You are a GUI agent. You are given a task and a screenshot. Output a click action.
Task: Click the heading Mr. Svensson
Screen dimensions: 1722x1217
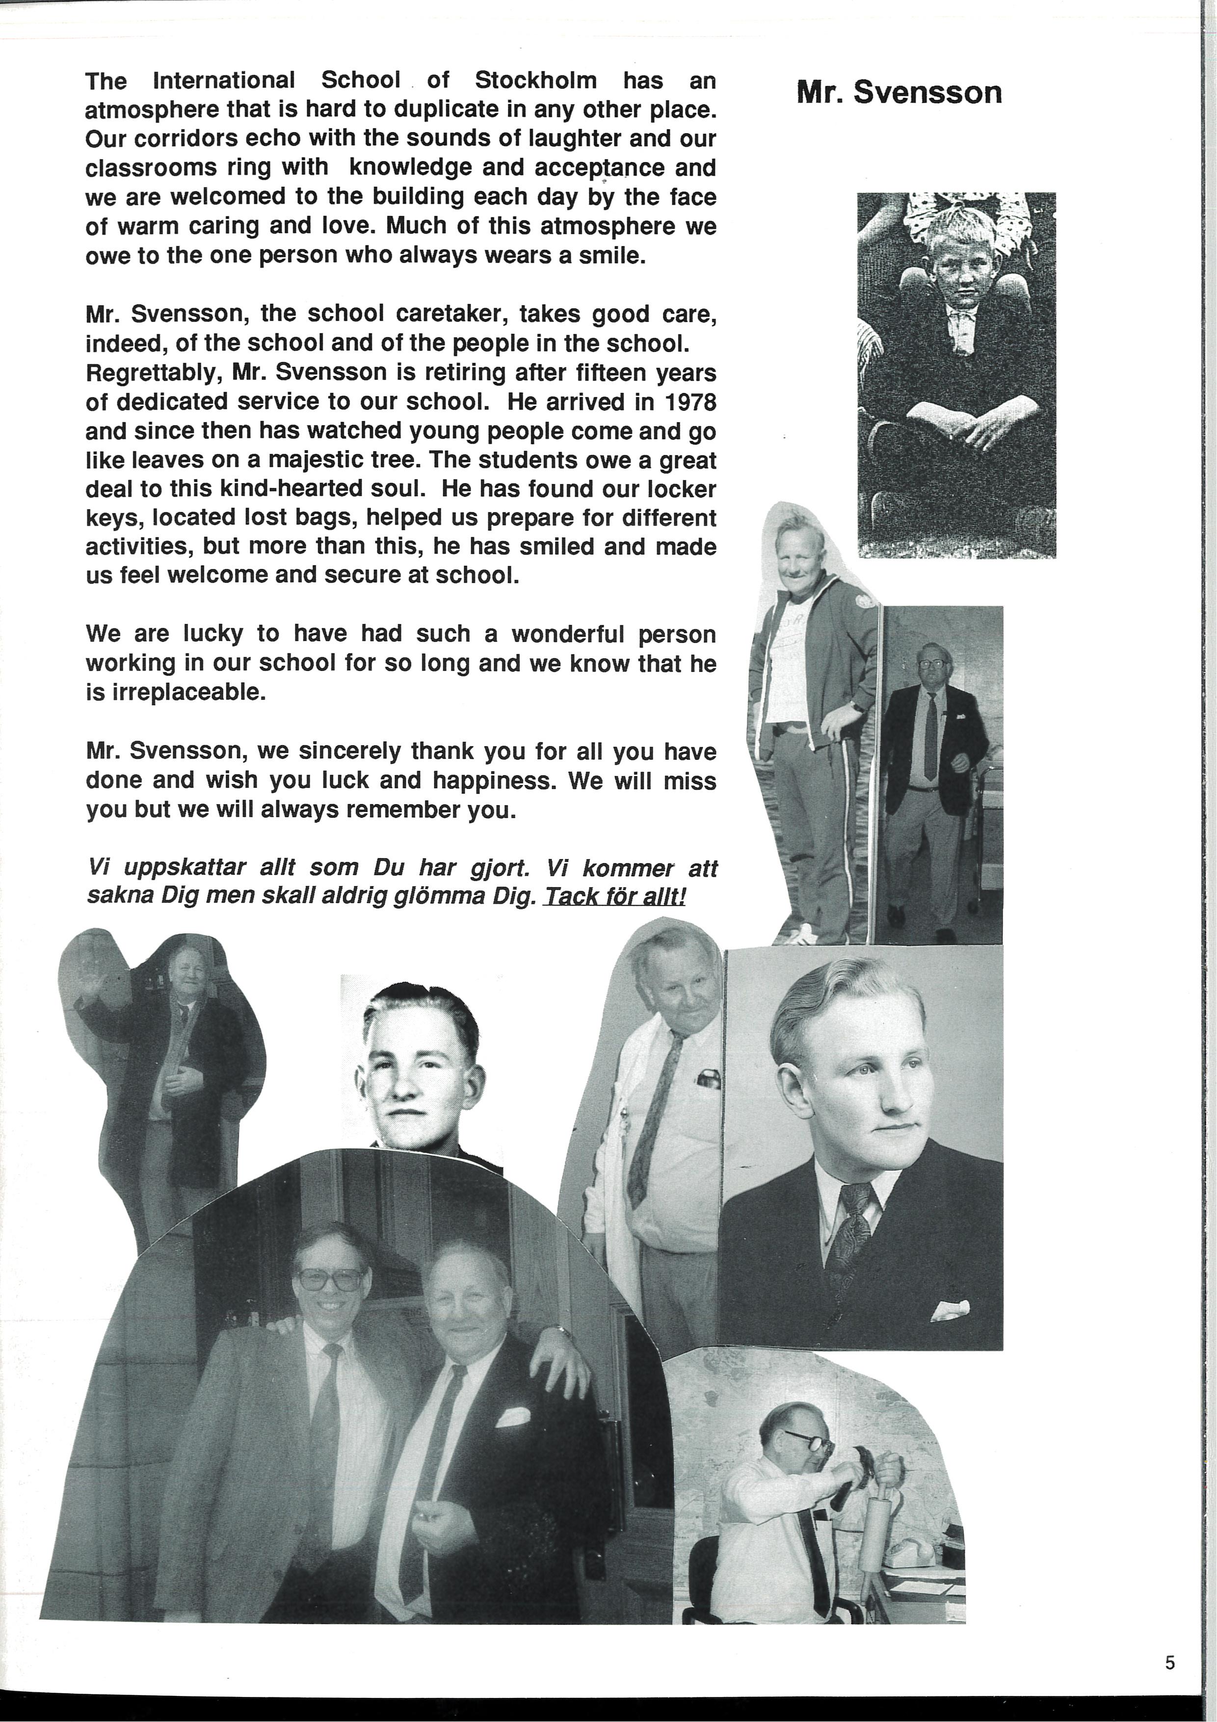pyautogui.click(x=899, y=93)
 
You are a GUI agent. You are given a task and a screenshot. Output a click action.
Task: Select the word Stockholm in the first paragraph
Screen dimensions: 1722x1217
pyautogui.click(x=535, y=80)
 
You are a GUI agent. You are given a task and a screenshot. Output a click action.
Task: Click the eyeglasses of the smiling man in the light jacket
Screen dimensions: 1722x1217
pyautogui.click(x=330, y=1279)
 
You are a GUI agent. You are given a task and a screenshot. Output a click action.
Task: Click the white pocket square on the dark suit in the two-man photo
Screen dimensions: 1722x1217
pyautogui.click(x=513, y=1417)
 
